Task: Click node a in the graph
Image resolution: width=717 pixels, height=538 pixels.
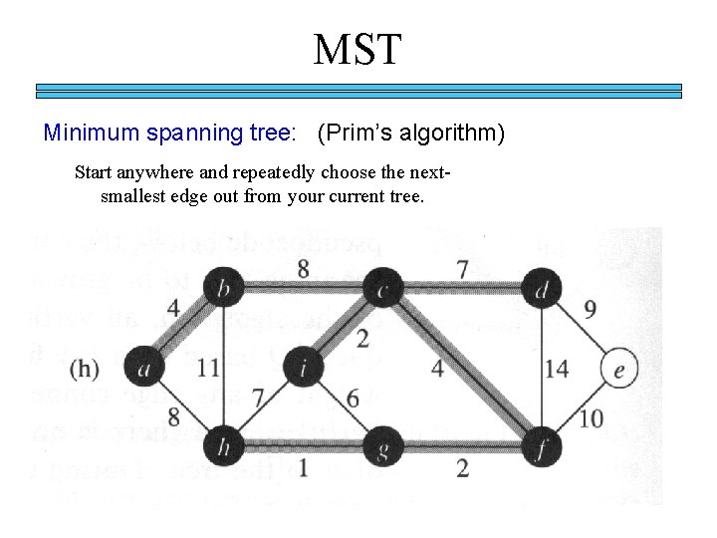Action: point(143,368)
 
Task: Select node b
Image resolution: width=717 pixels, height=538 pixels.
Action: point(223,289)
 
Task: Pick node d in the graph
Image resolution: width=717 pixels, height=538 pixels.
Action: point(540,289)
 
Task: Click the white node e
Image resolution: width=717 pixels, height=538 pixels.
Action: point(619,369)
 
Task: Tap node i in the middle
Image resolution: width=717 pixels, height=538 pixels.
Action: point(302,369)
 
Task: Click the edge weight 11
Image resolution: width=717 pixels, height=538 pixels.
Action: point(208,369)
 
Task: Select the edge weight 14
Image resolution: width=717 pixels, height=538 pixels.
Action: point(557,369)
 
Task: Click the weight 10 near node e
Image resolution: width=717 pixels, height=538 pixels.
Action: point(591,418)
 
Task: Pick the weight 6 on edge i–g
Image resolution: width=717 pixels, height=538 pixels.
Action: point(352,398)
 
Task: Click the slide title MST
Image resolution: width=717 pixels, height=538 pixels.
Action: point(358,49)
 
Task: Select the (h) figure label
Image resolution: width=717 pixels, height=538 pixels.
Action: point(85,369)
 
